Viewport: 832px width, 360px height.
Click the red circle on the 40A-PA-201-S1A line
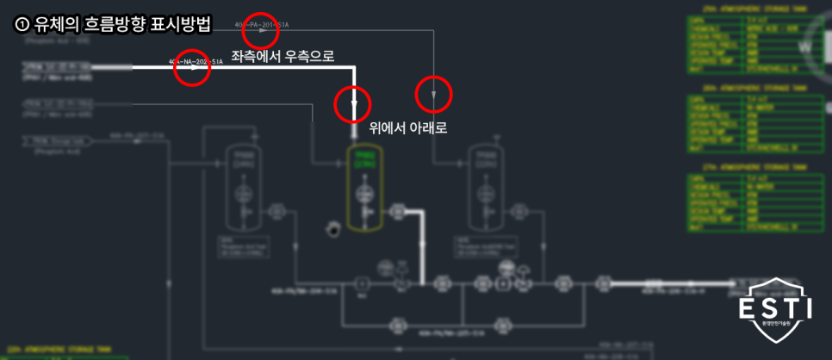click(x=261, y=31)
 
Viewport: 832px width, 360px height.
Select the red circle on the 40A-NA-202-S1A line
click(x=192, y=70)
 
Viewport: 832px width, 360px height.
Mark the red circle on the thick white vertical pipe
click(x=352, y=104)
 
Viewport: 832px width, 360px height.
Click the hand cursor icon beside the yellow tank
click(x=332, y=228)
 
